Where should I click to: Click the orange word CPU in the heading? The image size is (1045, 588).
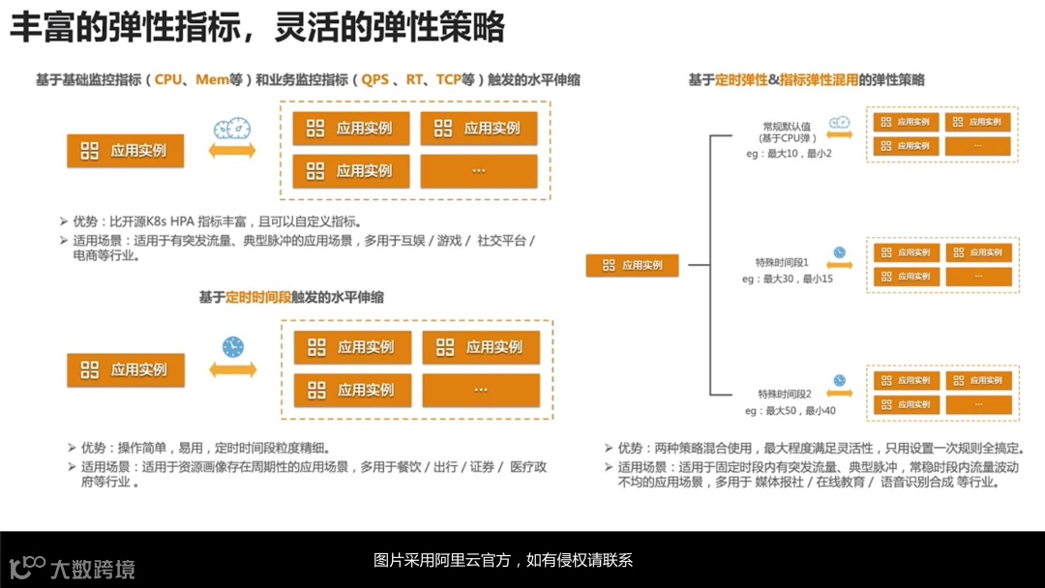(167, 80)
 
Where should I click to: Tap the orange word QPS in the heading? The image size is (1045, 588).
(375, 80)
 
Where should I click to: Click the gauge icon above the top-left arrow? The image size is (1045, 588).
(232, 129)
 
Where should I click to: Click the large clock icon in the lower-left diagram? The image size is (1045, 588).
(232, 347)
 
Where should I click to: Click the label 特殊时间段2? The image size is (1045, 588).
(785, 395)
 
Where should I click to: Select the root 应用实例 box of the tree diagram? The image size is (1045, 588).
(633, 265)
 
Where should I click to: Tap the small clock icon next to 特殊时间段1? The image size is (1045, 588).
(839, 252)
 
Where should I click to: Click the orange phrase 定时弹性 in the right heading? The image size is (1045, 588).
(741, 80)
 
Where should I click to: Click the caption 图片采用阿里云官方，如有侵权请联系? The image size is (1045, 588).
(503, 560)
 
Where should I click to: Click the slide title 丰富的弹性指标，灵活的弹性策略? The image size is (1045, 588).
(257, 28)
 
